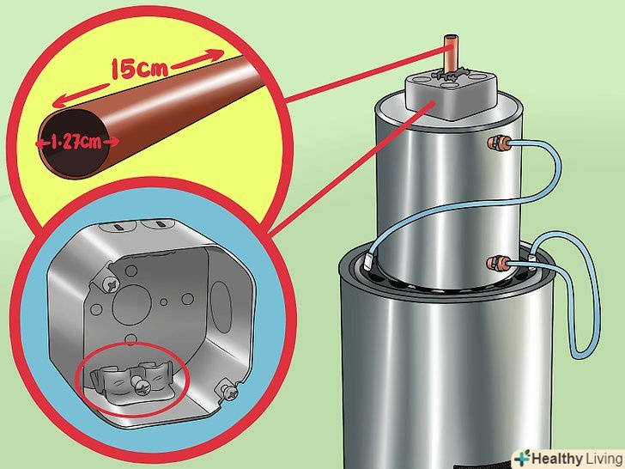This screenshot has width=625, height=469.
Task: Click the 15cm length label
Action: point(139,69)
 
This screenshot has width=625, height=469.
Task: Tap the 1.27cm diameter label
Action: point(76,142)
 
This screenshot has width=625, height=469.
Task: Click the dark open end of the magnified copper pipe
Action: point(73,143)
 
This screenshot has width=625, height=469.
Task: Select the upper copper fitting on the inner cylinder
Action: point(499,143)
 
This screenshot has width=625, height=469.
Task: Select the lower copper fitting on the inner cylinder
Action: point(498,264)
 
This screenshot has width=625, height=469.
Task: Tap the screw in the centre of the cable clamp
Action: point(139,386)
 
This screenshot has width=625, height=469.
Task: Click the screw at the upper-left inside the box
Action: point(111,285)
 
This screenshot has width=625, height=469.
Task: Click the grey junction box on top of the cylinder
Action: point(452,94)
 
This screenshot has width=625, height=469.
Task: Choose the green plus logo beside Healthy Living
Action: point(522,458)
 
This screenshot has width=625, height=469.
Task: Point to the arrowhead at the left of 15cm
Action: point(58,102)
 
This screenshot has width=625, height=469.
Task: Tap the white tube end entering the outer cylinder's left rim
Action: point(368,261)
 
